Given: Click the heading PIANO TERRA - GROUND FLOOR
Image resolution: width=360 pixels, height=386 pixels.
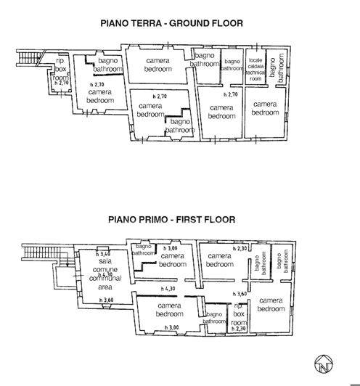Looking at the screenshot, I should pyautogui.click(x=171, y=24).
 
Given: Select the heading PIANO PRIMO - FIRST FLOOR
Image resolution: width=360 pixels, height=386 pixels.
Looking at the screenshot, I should pyautogui.click(x=171, y=217).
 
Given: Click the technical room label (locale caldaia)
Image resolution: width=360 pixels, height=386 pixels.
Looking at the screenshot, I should pyautogui.click(x=255, y=68).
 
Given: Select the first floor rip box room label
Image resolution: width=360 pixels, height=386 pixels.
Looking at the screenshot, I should pyautogui.click(x=238, y=314).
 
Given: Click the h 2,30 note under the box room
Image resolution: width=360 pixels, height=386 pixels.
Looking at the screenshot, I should pyautogui.click(x=238, y=329).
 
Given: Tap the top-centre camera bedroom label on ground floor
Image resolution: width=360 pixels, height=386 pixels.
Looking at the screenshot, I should pyautogui.click(x=158, y=65).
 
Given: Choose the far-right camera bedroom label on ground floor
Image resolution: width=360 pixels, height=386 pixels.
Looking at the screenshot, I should pyautogui.click(x=265, y=108).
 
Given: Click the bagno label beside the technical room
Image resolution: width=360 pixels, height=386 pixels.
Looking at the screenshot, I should pyautogui.click(x=232, y=65).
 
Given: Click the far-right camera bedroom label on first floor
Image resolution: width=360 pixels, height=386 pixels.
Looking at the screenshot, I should pyautogui.click(x=270, y=305).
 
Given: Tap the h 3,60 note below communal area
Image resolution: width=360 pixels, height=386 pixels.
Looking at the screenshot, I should pyautogui.click(x=107, y=300).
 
